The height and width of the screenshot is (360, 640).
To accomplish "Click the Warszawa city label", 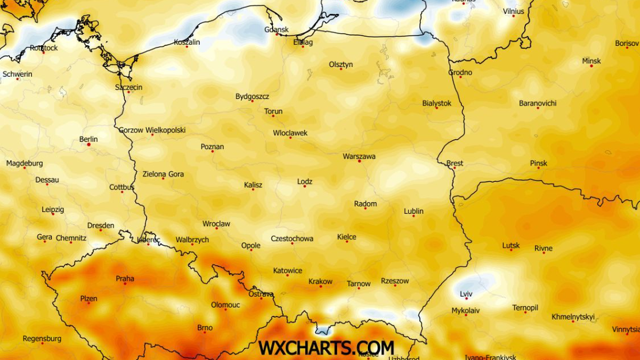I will tap(359, 156).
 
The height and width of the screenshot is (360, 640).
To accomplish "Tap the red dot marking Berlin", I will tap(89, 145).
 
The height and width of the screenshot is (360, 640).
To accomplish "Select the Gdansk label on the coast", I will tap(276, 29).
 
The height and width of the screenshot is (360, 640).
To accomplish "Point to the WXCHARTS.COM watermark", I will tap(326, 347).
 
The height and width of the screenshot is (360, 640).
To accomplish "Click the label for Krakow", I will tap(320, 281).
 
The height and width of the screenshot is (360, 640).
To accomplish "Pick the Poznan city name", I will tap(212, 146).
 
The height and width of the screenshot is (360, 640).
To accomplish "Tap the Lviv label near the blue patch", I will tap(466, 294).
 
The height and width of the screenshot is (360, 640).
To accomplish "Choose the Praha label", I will tap(125, 278).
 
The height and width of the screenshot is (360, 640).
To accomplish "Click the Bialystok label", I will tap(436, 103).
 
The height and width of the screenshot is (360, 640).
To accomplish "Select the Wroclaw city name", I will tap(216, 223).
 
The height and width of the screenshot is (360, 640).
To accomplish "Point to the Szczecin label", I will tap(129, 87).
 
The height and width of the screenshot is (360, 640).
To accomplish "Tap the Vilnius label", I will tap(513, 11).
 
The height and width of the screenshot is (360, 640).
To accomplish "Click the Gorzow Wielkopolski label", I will tap(152, 130).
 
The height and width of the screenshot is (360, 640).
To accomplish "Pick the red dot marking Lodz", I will tap(305, 187).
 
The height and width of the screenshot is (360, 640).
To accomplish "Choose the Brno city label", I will tap(205, 327).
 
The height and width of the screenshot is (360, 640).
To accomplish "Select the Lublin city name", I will tap(413, 211).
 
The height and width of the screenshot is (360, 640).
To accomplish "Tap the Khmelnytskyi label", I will tap(573, 316).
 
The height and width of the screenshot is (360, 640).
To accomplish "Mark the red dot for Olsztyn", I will tap(341, 69).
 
